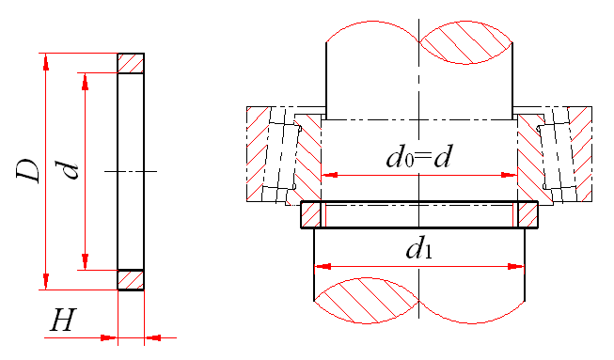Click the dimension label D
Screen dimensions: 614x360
pos(28,171)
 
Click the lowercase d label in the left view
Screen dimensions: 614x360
pos(70,170)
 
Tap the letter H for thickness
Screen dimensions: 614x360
pos(63,321)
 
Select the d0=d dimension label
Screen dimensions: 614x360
pos(418,157)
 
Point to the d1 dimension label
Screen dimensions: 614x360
pos(419,250)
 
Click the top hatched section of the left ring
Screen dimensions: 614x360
pos(131,63)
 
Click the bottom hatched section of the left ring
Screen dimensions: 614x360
pos(131,280)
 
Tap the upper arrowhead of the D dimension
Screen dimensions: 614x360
pos(46,62)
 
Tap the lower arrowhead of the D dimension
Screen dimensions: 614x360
pos(46,281)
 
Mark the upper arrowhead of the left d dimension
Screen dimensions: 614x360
pos(85,82)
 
